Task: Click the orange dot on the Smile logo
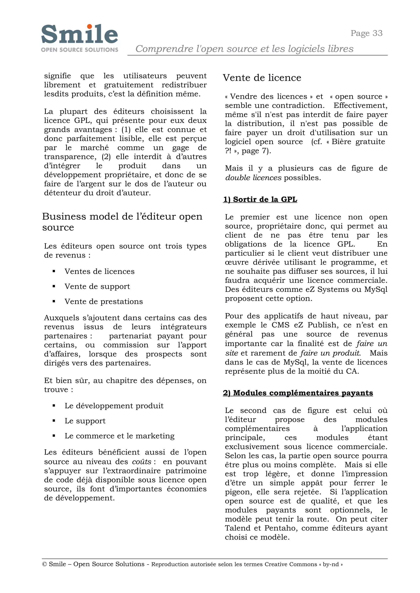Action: [89, 27]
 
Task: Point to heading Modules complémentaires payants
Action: [298, 393]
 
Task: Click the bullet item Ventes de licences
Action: [100, 271]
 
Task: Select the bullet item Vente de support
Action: [97, 286]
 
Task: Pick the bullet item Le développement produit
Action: [114, 406]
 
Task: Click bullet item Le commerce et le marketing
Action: [120, 436]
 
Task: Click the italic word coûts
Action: [142, 462]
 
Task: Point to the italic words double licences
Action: [253, 178]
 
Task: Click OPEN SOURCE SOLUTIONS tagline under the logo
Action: [79, 50]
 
